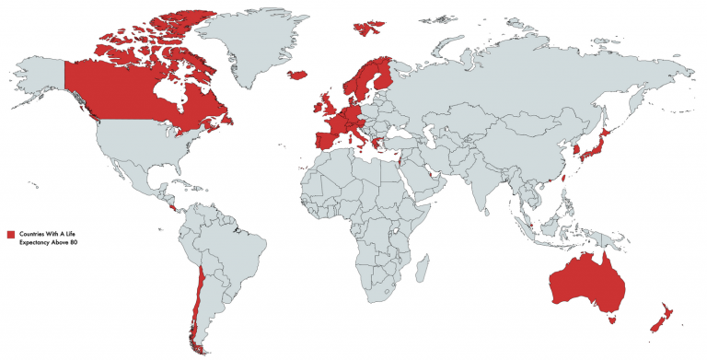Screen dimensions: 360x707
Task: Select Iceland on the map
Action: [x=297, y=75]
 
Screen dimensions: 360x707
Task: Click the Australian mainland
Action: [x=589, y=281]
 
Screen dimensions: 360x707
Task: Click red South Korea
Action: [x=576, y=148]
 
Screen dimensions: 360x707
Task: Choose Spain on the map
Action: [x=326, y=142]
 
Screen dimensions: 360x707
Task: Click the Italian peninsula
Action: [x=359, y=136]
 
